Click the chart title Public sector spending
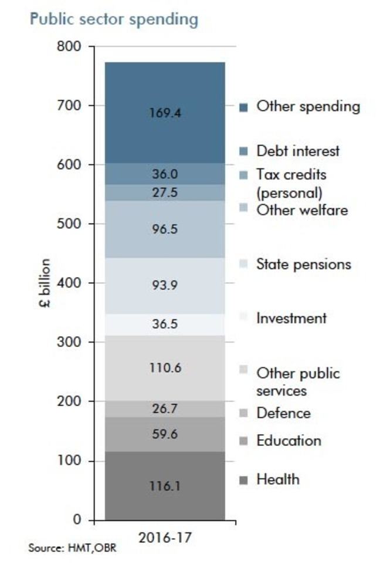pos(114,19)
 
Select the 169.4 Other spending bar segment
pos(165,112)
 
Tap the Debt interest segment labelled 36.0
pos(165,174)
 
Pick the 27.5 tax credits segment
pos(165,193)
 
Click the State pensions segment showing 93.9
pos(165,286)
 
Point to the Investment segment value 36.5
pos(165,324)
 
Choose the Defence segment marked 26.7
pos(165,408)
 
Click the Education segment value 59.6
pos(165,435)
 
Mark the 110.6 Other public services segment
pos(165,368)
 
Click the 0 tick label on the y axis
pos(77,520)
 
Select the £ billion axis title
pos(45,283)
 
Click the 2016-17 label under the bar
pos(165,537)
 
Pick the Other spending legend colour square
pos(244,107)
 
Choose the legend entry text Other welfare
pos(301,209)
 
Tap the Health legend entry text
pos(277,479)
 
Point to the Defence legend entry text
pos(283,413)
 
